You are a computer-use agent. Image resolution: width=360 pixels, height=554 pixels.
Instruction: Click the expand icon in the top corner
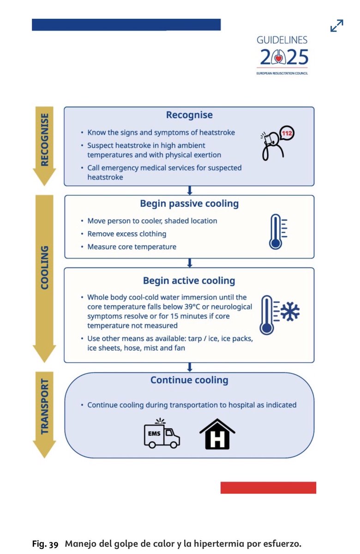pyautogui.click(x=337, y=25)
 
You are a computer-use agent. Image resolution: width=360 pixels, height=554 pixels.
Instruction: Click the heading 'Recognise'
pyautogui.click(x=189, y=115)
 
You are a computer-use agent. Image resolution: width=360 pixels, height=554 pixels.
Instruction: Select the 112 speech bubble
pyautogui.click(x=287, y=133)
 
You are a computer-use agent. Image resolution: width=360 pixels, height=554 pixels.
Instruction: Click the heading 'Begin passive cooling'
pyautogui.click(x=189, y=204)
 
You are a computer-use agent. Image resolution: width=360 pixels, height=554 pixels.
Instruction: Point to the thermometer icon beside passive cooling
pyautogui.click(x=276, y=231)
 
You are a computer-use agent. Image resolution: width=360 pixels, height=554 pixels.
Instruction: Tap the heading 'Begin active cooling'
pyautogui.click(x=189, y=280)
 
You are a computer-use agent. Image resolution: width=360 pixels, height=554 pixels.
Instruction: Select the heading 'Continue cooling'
pyautogui.click(x=189, y=380)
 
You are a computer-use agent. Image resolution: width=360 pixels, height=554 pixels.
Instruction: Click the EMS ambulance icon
pyautogui.click(x=162, y=434)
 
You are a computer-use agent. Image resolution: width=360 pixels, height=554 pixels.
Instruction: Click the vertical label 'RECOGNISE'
pyautogui.click(x=45, y=139)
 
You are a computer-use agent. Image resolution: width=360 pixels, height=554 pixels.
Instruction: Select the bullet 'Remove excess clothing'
pyautogui.click(x=127, y=234)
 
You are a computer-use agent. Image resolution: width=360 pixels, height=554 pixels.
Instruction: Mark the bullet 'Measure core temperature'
pyautogui.click(x=132, y=247)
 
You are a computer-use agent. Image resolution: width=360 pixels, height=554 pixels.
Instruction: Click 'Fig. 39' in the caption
pyautogui.click(x=45, y=544)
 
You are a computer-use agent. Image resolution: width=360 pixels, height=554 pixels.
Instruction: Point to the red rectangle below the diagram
pyautogui.click(x=268, y=488)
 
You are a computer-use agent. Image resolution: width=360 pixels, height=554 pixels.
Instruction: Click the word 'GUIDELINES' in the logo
pyautogui.click(x=282, y=40)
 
